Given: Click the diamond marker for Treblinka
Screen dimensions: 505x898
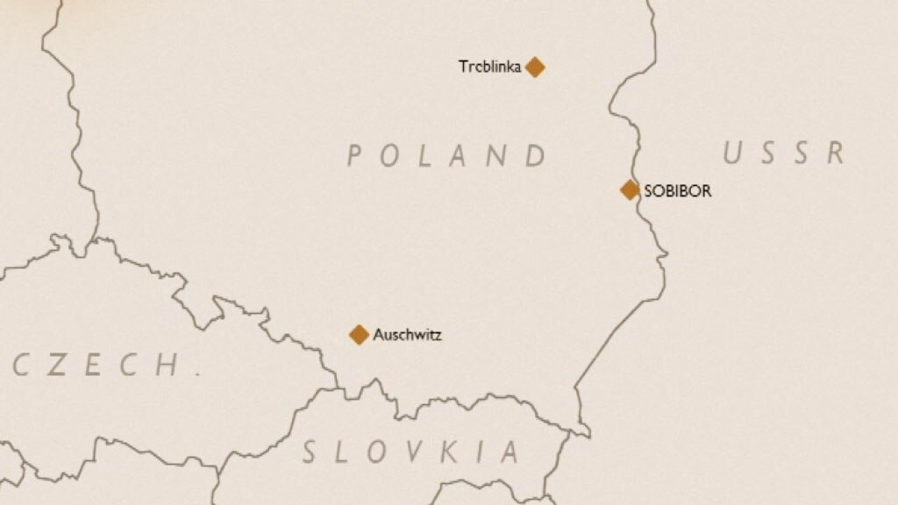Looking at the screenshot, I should (x=535, y=67).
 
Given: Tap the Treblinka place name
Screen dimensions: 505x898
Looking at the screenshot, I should (x=490, y=67).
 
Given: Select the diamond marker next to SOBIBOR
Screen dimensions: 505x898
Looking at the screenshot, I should (x=630, y=189).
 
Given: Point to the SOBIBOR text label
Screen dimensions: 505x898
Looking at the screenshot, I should (x=678, y=190).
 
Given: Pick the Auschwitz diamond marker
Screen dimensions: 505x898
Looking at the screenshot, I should (x=359, y=334).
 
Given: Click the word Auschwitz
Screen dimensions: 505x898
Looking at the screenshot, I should (x=408, y=334).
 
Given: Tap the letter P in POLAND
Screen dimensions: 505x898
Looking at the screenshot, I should (x=355, y=156).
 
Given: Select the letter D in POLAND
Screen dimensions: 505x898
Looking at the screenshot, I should (x=536, y=156).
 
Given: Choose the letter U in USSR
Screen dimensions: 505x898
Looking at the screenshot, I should (x=733, y=153).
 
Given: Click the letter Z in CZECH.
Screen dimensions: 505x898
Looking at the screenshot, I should (x=55, y=365).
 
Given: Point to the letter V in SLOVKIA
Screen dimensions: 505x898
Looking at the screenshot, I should (x=409, y=452).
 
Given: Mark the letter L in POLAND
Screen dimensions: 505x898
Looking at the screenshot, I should (x=426, y=156).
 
